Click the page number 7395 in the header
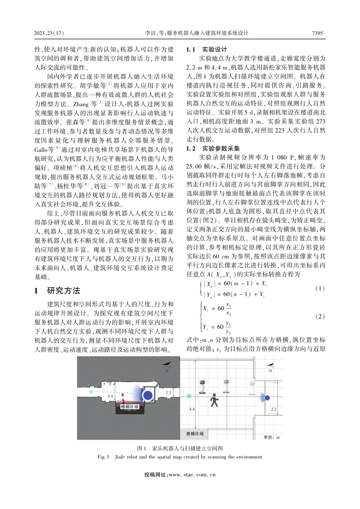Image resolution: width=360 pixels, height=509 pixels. click(x=317, y=33)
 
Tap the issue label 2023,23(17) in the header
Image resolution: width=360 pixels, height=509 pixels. click(x=49, y=33)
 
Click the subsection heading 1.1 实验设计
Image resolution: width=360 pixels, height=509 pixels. click(x=207, y=49)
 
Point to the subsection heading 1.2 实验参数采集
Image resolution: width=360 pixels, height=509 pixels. click(x=213, y=148)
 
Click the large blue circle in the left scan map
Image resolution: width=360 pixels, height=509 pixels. click(x=148, y=394)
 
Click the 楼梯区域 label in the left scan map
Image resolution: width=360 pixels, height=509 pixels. click(x=129, y=406)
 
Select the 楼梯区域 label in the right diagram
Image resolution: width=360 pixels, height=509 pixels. click(x=195, y=433)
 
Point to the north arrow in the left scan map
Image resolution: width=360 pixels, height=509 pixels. click(x=167, y=366)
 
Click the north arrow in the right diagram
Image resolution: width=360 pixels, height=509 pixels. click(x=271, y=366)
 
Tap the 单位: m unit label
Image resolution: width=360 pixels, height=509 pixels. click(x=271, y=437)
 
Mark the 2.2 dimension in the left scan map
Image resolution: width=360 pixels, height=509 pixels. click(x=169, y=393)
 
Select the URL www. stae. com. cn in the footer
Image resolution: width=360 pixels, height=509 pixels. click(x=192, y=474)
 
